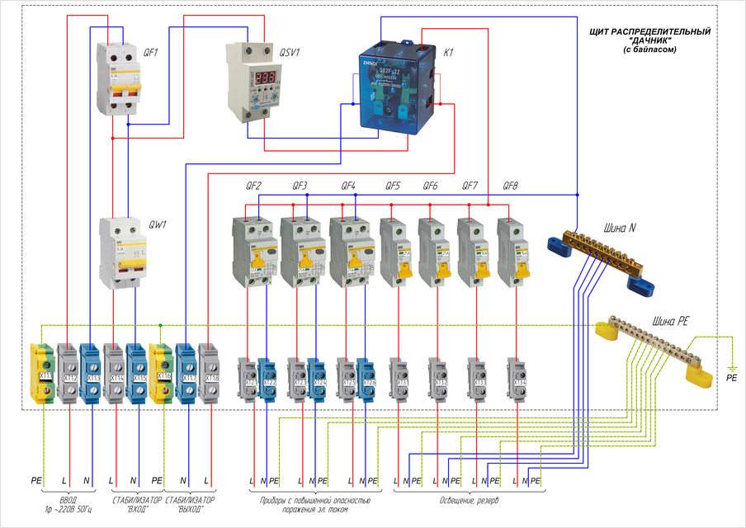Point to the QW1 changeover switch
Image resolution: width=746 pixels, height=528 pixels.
122,252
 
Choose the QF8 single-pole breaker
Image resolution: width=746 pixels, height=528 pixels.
511,252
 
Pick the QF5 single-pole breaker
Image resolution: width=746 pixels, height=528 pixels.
393,252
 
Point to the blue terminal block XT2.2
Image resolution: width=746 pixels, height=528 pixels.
267,380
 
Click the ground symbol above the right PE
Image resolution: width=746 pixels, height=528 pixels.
730,365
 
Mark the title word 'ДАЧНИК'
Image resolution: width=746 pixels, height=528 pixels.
652,41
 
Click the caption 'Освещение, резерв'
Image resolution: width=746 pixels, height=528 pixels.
468,501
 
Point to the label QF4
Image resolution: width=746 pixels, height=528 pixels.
348,186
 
